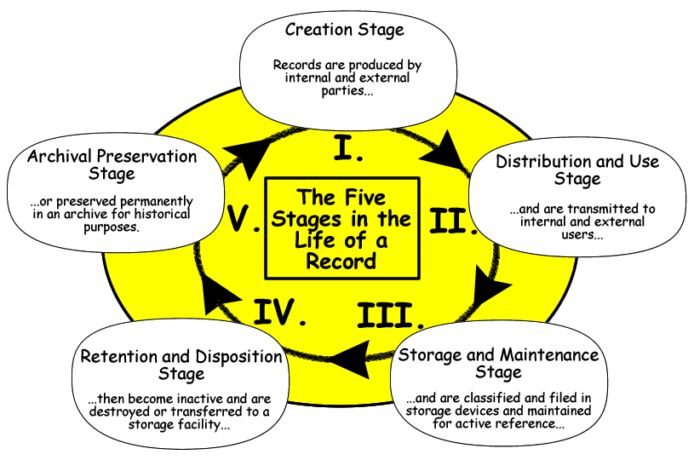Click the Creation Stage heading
coord(345,30)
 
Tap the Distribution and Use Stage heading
coord(578,170)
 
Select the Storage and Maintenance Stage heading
coord(499,363)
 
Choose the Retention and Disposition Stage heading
coord(181,365)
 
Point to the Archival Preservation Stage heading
coord(112,164)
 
